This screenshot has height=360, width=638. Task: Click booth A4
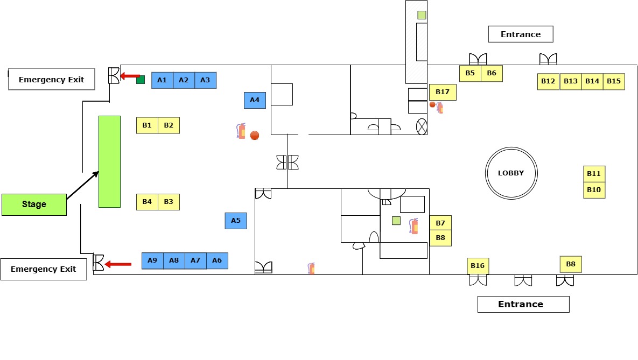[255, 100]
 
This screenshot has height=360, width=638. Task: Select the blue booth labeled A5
[236, 221]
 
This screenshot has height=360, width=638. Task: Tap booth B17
[443, 92]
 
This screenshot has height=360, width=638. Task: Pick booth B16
[478, 266]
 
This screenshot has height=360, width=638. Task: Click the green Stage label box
[34, 204]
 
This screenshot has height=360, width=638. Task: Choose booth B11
[594, 174]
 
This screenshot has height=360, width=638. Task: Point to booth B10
[594, 190]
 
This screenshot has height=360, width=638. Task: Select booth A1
[163, 80]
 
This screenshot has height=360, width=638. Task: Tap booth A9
[152, 260]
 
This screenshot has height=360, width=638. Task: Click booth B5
[471, 73]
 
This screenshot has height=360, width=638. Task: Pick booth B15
[614, 81]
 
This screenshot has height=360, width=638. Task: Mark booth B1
[147, 125]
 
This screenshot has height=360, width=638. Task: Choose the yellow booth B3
[169, 202]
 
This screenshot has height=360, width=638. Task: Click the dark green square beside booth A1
[141, 80]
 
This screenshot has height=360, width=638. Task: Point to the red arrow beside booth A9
[118, 264]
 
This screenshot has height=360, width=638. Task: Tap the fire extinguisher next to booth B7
[414, 226]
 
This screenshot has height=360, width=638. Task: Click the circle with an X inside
[422, 127]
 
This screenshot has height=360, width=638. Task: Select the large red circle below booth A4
[255, 136]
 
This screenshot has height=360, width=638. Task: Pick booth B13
[571, 81]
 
